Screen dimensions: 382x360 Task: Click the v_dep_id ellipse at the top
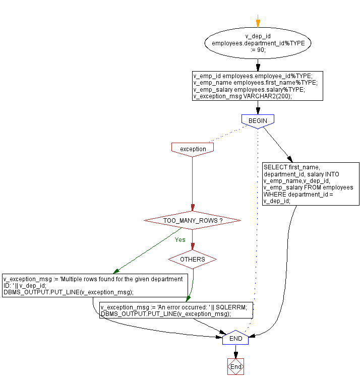click(258, 43)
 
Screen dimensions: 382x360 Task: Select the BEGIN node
click(258, 121)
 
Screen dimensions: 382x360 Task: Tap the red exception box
click(193, 149)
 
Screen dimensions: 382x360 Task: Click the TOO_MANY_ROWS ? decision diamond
click(192, 221)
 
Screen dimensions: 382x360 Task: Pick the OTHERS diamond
click(192, 260)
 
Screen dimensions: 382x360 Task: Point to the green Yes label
click(180, 240)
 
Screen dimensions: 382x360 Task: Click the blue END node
click(235, 339)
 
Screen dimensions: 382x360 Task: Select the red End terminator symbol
click(235, 367)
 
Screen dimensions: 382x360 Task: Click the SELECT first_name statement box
click(311, 184)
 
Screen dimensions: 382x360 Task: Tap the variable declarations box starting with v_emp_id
click(257, 86)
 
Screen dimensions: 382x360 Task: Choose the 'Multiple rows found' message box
click(95, 285)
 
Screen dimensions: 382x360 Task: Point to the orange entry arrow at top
click(258, 23)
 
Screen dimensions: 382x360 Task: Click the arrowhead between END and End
click(235, 355)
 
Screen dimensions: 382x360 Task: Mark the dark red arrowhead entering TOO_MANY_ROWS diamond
click(192, 208)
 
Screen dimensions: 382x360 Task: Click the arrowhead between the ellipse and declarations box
click(258, 68)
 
